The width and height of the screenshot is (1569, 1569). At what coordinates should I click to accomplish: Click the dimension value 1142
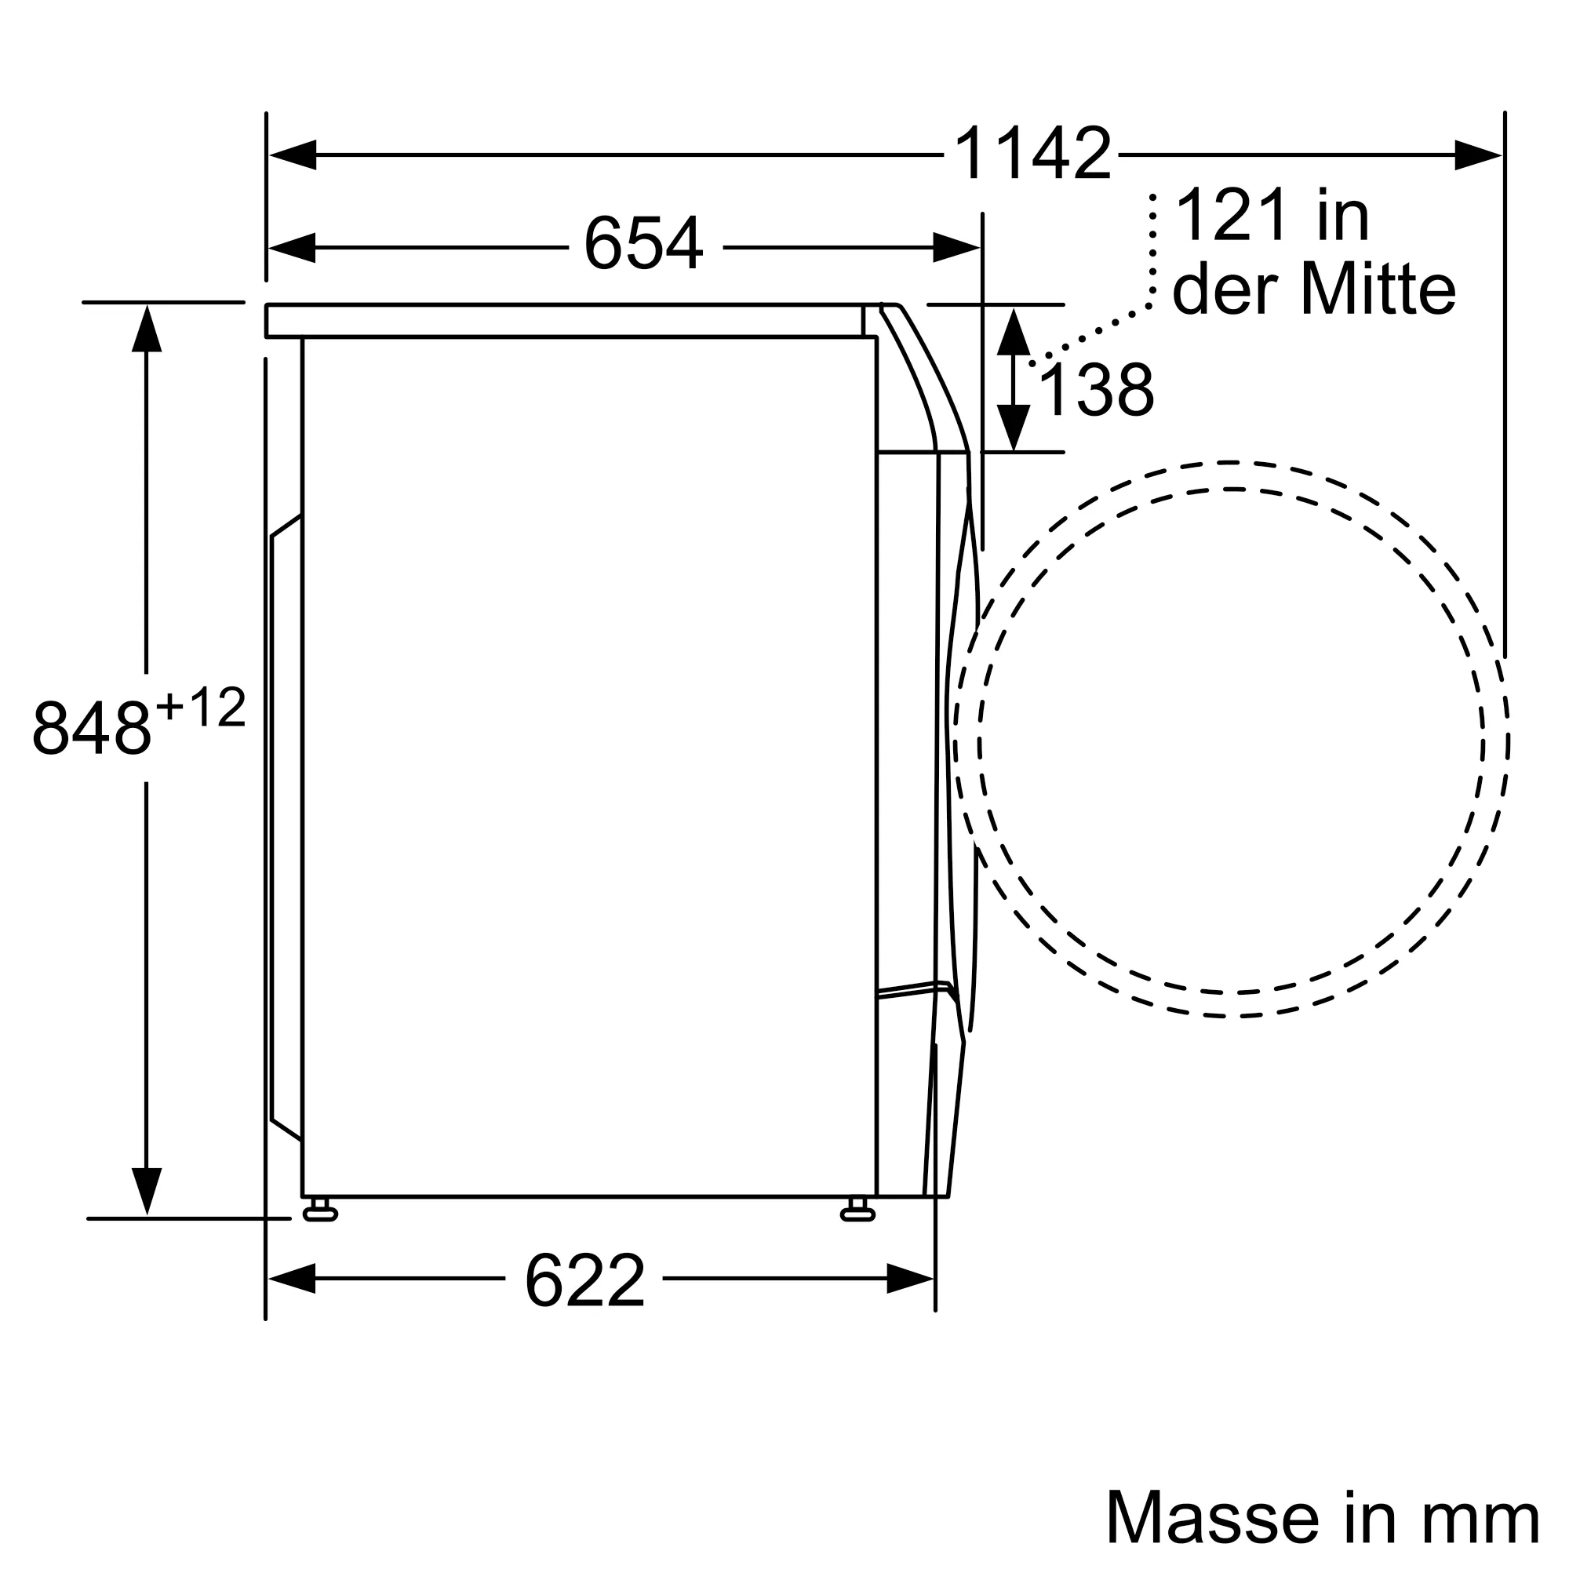pos(1032,155)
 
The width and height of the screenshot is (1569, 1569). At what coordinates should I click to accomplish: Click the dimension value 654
pos(643,245)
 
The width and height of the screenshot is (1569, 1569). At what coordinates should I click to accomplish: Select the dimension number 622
pos(584,1281)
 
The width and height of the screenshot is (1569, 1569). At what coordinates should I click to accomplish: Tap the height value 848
pos(92,729)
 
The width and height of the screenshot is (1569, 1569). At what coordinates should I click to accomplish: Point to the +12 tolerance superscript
pos(201,708)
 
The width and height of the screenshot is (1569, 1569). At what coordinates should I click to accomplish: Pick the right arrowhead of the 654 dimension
pos(956,247)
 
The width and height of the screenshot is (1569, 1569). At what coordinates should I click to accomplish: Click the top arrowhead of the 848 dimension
pos(146,329)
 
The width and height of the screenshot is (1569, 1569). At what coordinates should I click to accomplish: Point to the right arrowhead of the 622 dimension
pos(909,1278)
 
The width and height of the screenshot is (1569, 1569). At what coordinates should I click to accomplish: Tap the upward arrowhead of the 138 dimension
pos(1014,331)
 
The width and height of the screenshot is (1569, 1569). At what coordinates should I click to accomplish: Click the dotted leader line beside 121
pos(1152,252)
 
